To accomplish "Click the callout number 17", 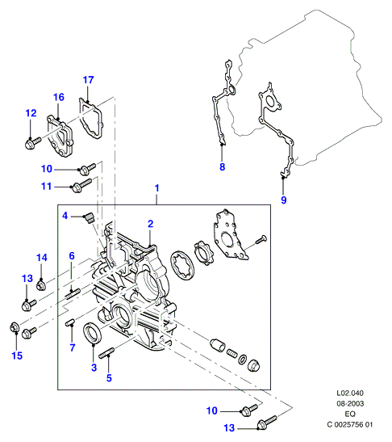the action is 88,80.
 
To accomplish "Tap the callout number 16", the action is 59,97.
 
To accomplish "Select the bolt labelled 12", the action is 33,143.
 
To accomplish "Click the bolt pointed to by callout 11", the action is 82,185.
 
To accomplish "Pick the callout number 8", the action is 223,167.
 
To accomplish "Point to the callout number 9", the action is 284,200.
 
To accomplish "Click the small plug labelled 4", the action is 89,218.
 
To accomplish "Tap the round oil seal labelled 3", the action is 91,334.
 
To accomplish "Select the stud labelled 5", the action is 106,352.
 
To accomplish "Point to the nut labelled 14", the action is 41,286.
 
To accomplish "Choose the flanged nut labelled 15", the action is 14,327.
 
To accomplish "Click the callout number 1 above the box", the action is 157,188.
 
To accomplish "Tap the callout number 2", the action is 151,224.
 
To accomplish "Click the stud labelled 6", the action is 73,294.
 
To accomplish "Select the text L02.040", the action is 350,393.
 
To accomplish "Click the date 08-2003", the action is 350,404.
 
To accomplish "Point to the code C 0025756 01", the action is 350,424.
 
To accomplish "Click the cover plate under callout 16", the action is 61,136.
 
